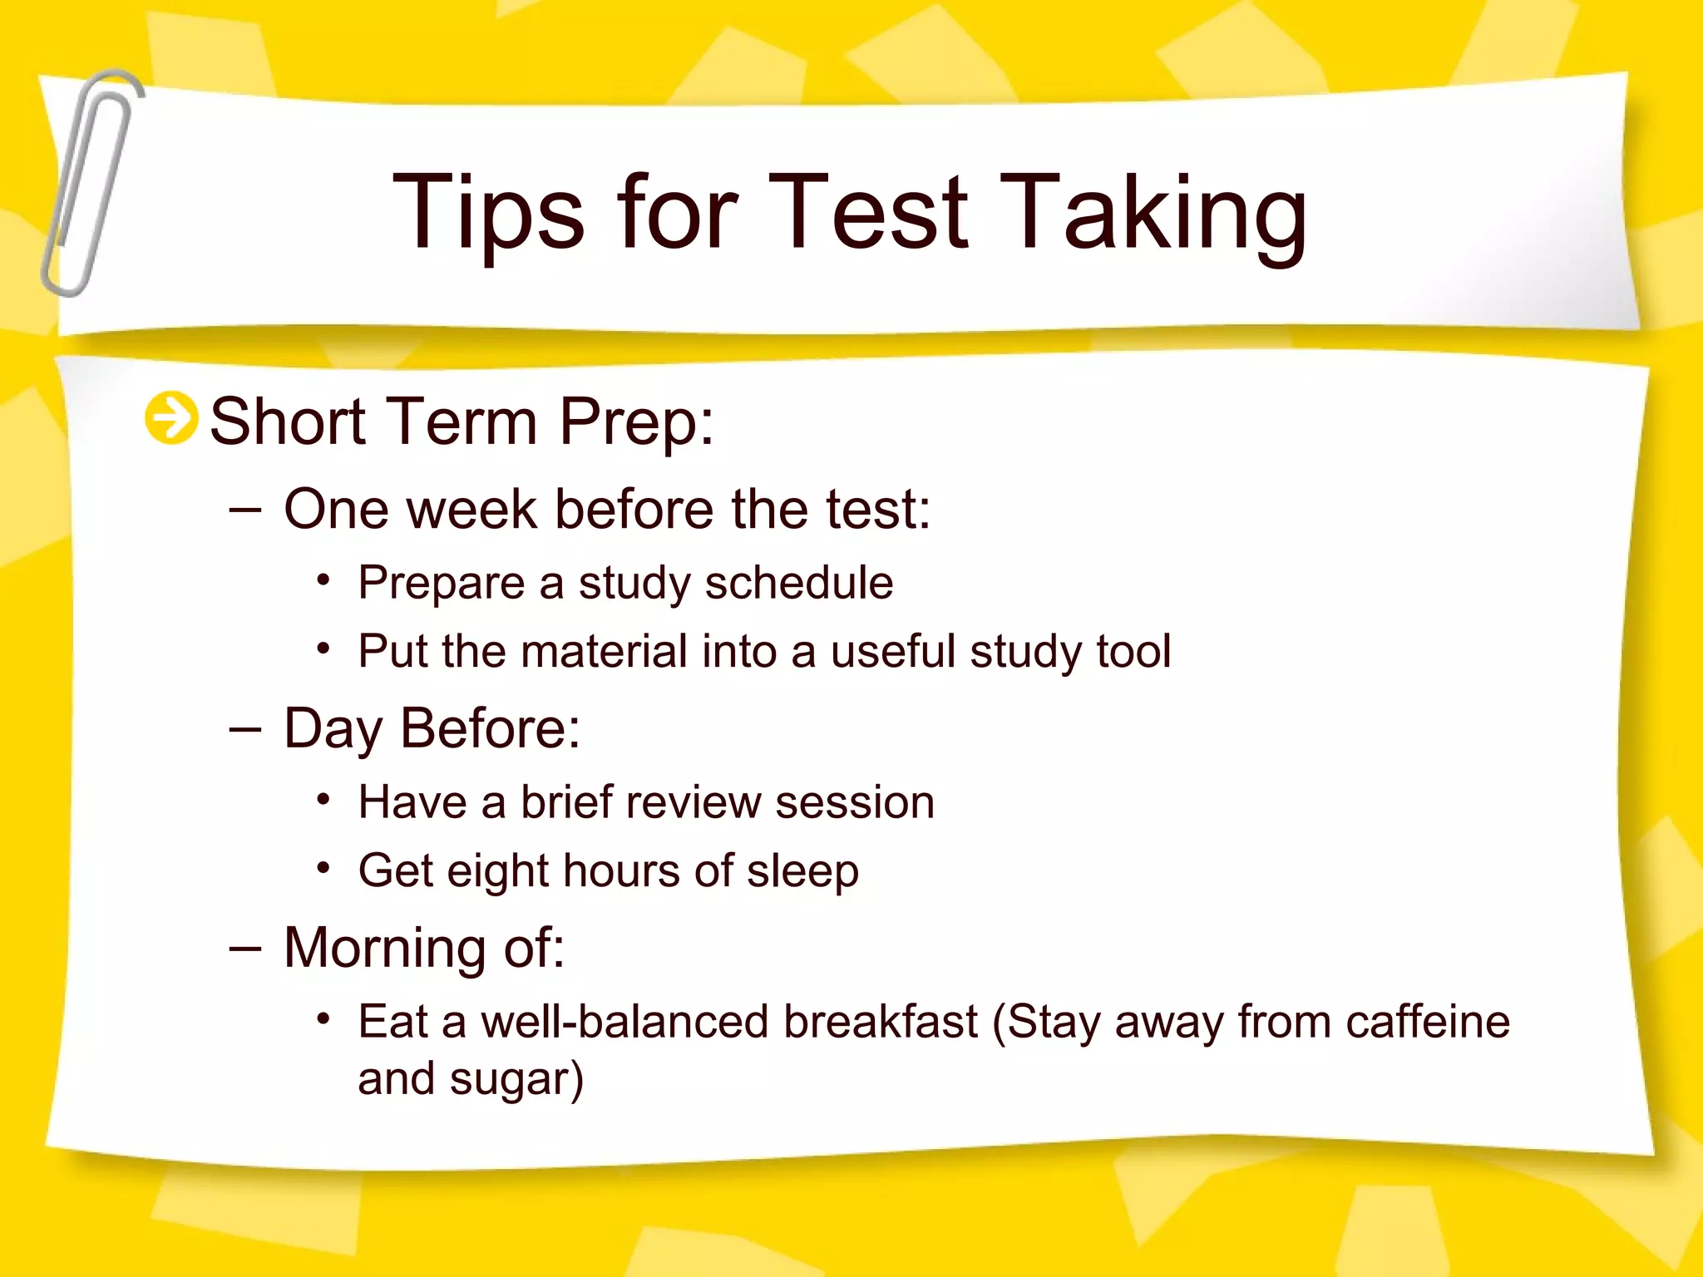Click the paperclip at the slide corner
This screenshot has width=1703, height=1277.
(x=90, y=183)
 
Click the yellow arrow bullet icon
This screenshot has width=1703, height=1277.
(x=171, y=417)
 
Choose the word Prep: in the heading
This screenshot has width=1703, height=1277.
(x=636, y=422)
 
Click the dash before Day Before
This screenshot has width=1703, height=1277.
(x=245, y=729)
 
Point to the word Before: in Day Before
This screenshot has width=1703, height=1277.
(x=490, y=728)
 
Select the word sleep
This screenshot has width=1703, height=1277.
(x=802, y=872)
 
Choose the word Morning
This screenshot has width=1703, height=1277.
(x=385, y=949)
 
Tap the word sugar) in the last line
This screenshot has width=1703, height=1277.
(x=516, y=1080)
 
